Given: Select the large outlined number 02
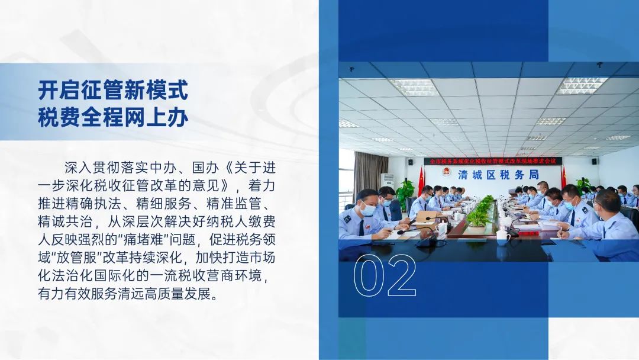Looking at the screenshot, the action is click(x=385, y=275).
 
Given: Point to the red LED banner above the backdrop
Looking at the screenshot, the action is click(x=493, y=161).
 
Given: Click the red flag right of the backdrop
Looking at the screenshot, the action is click(x=564, y=178).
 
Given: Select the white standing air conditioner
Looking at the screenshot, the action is click(x=387, y=181).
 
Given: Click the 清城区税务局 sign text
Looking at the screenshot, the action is click(x=498, y=175).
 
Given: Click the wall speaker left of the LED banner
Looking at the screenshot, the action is click(x=410, y=161).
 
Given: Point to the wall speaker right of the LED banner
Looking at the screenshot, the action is click(x=595, y=162).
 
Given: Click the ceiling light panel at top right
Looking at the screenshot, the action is click(x=582, y=85).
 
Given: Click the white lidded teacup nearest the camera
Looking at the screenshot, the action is click(x=503, y=237).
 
